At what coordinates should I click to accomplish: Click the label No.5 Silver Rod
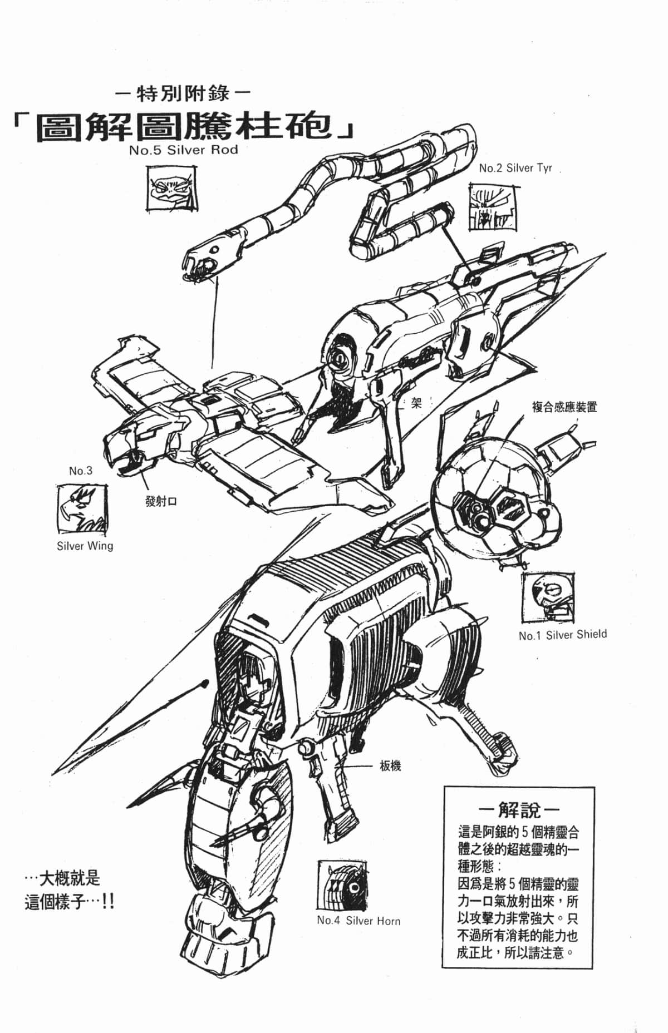coord(183,150)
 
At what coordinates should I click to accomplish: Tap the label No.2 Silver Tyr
coord(515,167)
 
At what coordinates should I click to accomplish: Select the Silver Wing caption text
coord(85,546)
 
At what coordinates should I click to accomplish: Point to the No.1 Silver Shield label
coord(562,635)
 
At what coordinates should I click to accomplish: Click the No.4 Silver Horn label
coord(358,921)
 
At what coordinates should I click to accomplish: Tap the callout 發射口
coord(160,501)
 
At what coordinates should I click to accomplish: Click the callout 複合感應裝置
coord(564,407)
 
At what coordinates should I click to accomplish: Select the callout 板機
coord(390,766)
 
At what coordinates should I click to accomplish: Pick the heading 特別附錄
coord(183,93)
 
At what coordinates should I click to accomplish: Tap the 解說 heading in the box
coord(518,809)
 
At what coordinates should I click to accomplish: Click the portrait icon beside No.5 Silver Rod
coord(173,189)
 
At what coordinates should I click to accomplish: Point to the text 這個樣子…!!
coord(70,902)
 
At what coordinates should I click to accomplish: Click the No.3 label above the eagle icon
coord(81,471)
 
